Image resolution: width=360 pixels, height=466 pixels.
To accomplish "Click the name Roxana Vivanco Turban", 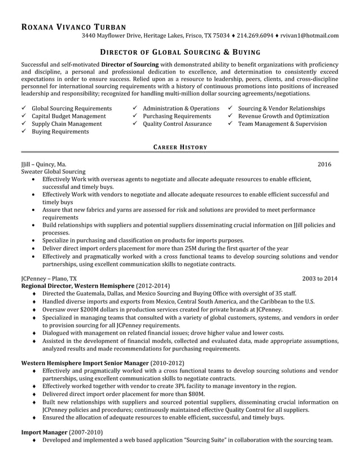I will click(x=73, y=27).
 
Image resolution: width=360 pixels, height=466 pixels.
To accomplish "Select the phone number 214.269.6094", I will click(x=254, y=36).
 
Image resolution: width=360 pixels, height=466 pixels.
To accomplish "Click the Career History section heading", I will click(x=180, y=147).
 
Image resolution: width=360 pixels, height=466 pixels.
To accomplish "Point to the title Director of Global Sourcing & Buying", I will click(x=180, y=52).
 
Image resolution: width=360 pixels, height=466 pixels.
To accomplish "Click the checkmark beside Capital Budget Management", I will click(x=24, y=116).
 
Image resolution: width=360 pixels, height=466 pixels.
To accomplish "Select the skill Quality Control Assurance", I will click(x=177, y=124).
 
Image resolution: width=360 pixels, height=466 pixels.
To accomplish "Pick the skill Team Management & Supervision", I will click(x=282, y=124).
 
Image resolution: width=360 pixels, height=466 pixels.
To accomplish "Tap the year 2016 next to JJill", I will click(x=324, y=164).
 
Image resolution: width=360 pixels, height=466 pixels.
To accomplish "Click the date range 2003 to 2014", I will click(x=320, y=278).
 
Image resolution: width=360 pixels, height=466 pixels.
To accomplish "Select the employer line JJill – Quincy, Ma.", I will click(x=43, y=164).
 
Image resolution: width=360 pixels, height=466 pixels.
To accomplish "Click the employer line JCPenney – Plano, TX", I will click(x=49, y=278).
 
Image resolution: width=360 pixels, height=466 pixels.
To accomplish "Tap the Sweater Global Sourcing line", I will click(x=53, y=172).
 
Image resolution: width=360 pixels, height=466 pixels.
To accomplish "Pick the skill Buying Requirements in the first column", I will click(x=60, y=131).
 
